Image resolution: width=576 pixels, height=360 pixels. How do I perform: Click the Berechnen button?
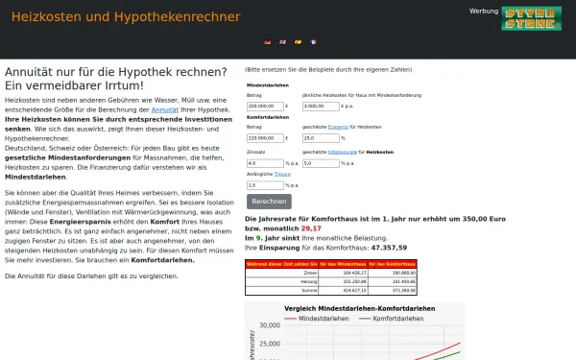[x=269, y=202]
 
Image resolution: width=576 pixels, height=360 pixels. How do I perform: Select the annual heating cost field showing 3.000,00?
[x=321, y=107]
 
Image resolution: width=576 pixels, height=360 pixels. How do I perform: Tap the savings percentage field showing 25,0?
[x=321, y=137]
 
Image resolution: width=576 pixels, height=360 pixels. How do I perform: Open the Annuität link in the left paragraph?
[x=164, y=111]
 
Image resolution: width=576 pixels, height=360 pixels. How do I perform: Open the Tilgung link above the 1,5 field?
[x=282, y=174]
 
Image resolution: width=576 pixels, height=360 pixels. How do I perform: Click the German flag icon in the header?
[x=267, y=42]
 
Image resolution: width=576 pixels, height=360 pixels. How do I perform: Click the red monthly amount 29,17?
[x=311, y=229]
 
